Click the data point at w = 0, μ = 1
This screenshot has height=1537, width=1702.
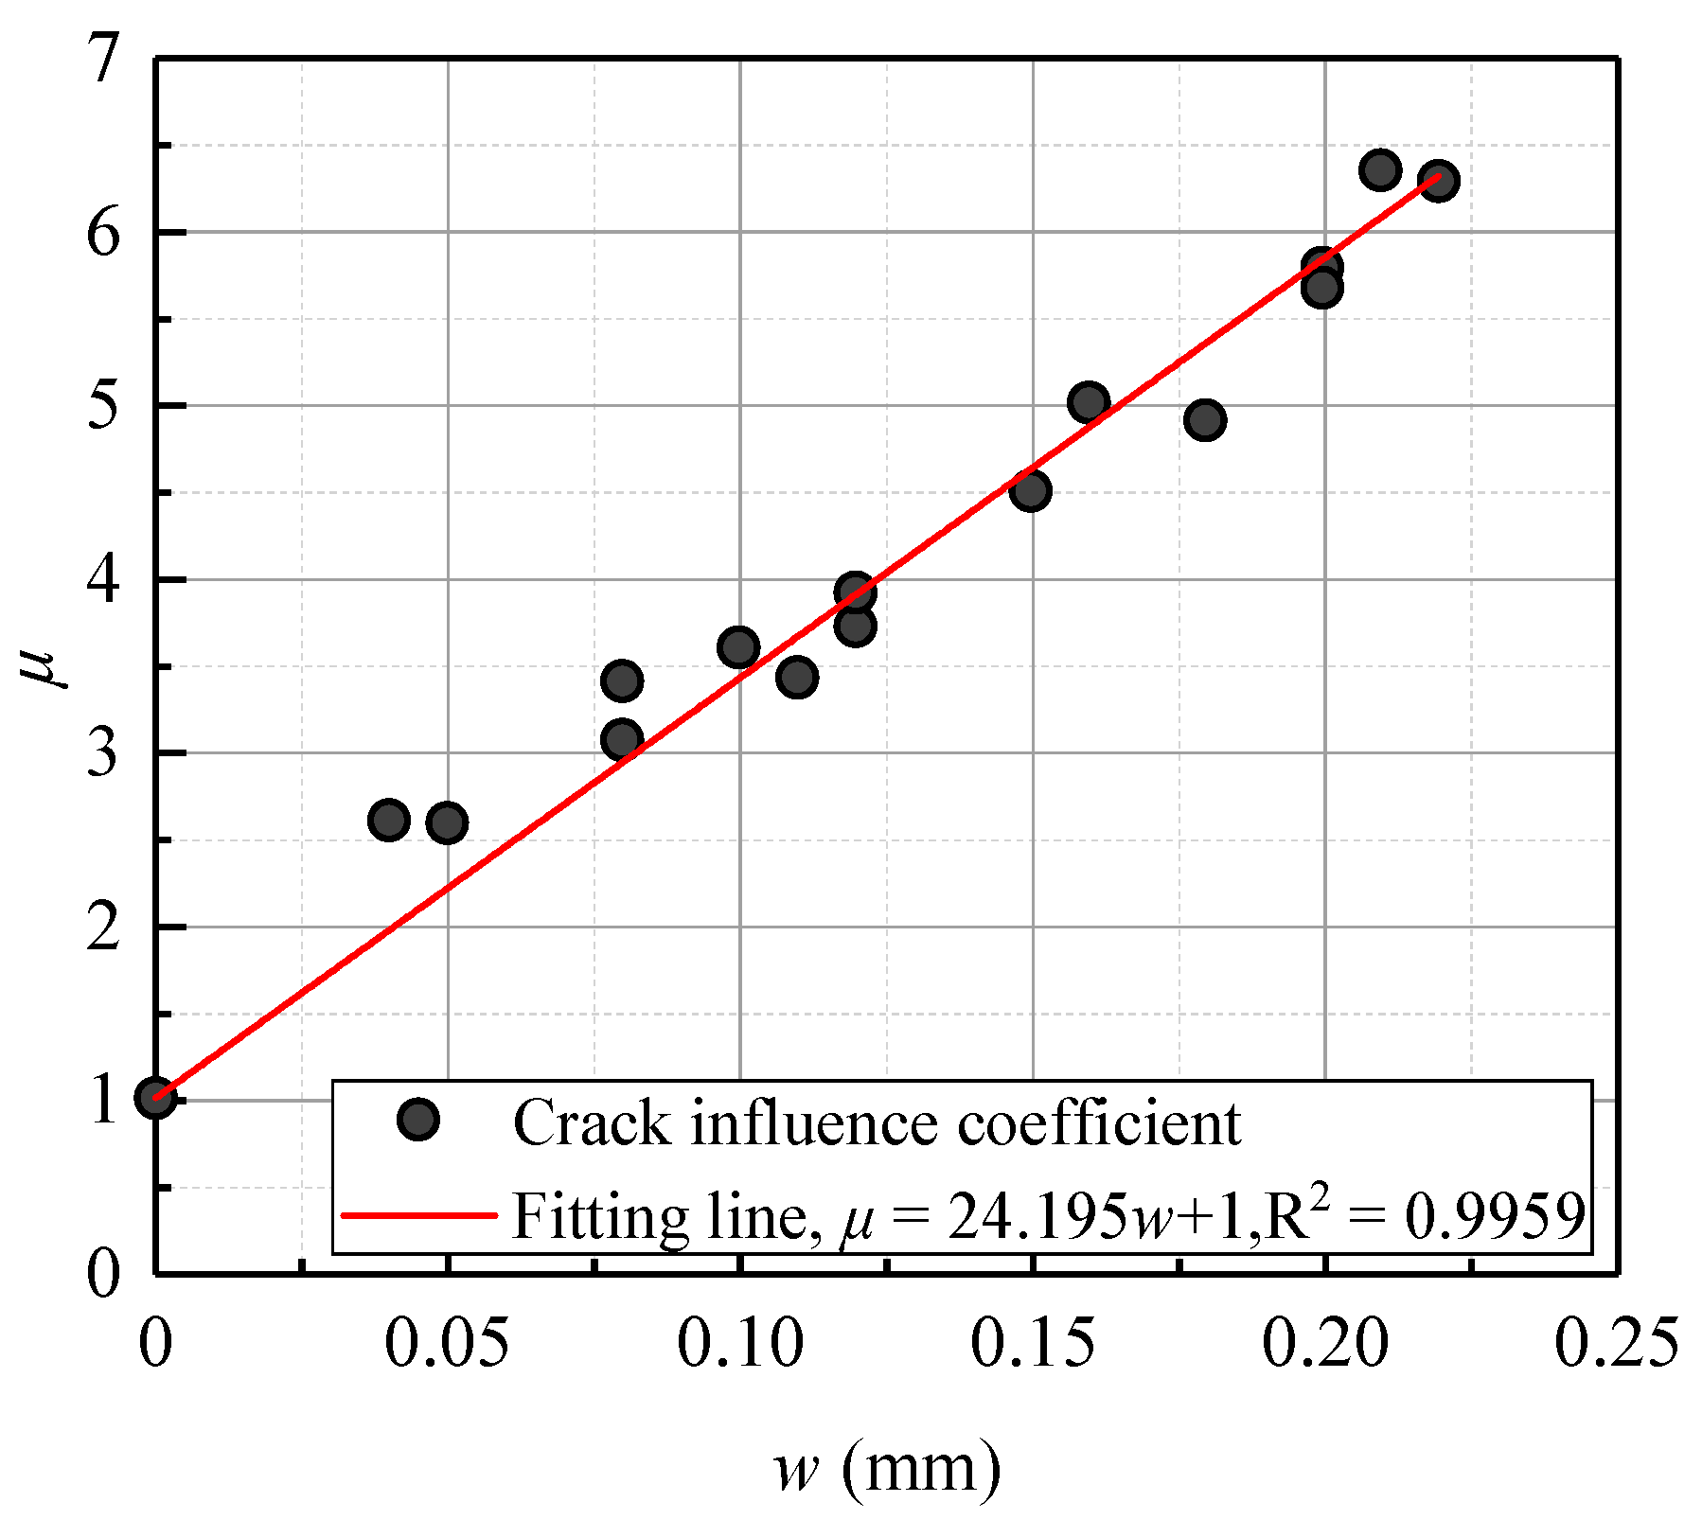point(155,1097)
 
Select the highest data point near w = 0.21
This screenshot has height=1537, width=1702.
point(1380,170)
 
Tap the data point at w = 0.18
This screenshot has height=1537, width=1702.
point(1204,419)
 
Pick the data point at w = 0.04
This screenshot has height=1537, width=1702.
point(388,819)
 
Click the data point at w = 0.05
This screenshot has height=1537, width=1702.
point(447,822)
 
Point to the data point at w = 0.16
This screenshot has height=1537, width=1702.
point(1089,402)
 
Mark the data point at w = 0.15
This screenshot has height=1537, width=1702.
point(1030,490)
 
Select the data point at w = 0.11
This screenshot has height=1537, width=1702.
point(797,677)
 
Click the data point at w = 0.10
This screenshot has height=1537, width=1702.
point(738,647)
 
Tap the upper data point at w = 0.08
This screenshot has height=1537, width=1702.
point(621,680)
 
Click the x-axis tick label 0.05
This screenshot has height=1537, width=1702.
point(447,1344)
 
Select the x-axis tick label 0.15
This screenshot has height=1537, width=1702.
point(1032,1344)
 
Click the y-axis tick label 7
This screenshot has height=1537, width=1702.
point(104,59)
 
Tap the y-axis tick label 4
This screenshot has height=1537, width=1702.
point(104,579)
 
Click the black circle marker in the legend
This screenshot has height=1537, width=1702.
point(417,1120)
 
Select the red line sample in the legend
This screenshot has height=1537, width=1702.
point(417,1214)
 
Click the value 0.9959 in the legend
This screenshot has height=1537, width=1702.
point(1495,1216)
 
